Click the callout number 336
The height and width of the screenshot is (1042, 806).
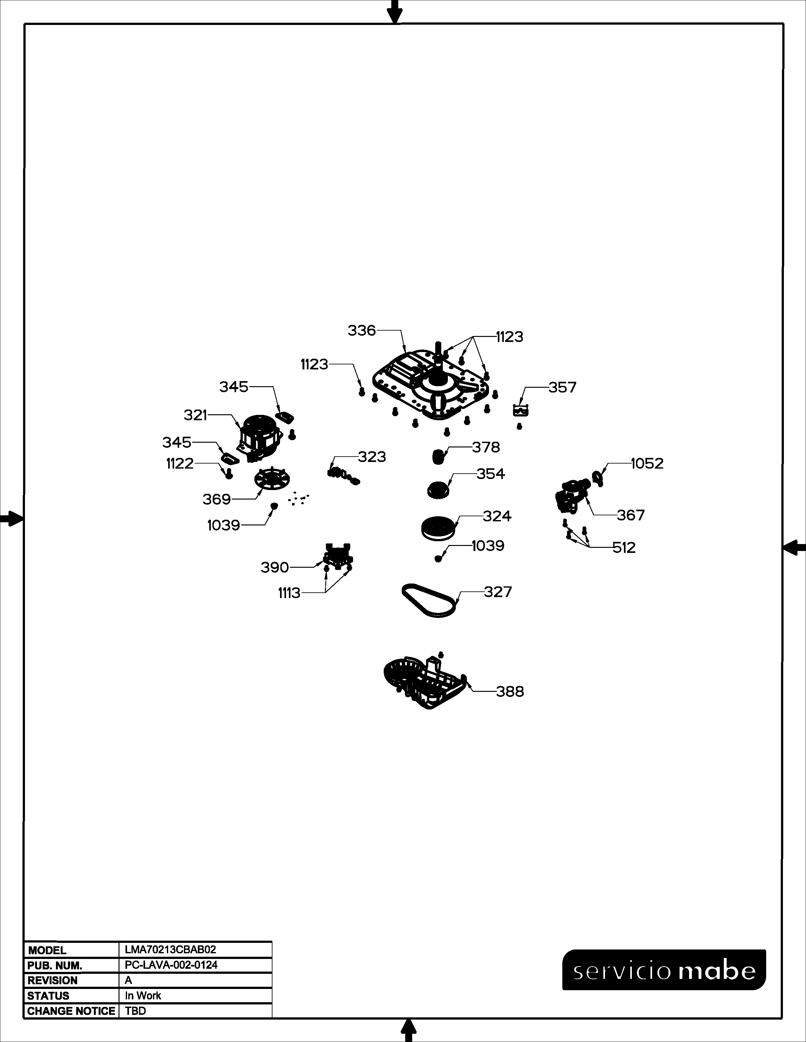(x=362, y=330)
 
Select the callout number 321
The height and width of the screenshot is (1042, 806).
(x=195, y=416)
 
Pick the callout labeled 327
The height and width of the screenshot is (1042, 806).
(x=498, y=592)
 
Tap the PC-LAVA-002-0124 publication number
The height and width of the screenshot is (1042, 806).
(x=171, y=965)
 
